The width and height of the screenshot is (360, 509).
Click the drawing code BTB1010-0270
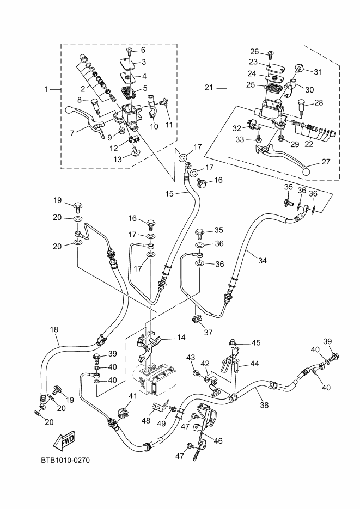click(x=64, y=461)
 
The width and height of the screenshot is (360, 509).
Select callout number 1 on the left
click(x=46, y=88)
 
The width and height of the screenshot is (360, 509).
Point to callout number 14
click(x=180, y=338)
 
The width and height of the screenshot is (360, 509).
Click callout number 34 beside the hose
click(x=263, y=260)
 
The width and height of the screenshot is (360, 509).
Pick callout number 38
click(x=265, y=404)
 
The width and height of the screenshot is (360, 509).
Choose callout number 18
click(x=54, y=329)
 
